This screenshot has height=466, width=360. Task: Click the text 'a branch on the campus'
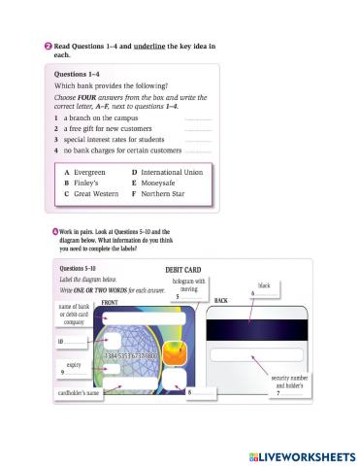(101, 117)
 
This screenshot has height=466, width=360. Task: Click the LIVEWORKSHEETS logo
(297, 454)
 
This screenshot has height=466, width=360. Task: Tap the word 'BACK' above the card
(220, 302)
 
